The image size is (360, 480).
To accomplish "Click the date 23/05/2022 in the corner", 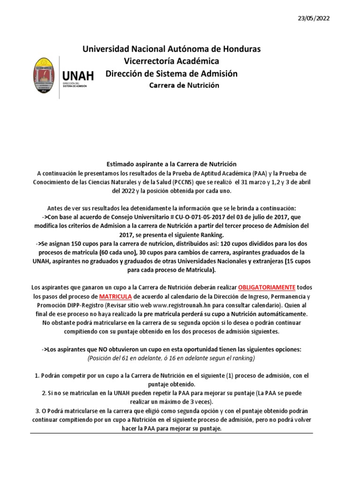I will [314, 18].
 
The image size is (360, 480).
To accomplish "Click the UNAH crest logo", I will [46, 78].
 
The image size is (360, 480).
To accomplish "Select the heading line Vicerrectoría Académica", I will [171, 61].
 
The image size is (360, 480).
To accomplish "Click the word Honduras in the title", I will [238, 49].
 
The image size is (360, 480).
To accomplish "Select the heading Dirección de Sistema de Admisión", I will [172, 74].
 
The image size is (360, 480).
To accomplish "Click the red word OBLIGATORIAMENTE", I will [267, 287].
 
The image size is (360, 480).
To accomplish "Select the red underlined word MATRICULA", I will [115, 296].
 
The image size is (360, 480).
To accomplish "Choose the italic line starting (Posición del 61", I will [171, 359].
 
